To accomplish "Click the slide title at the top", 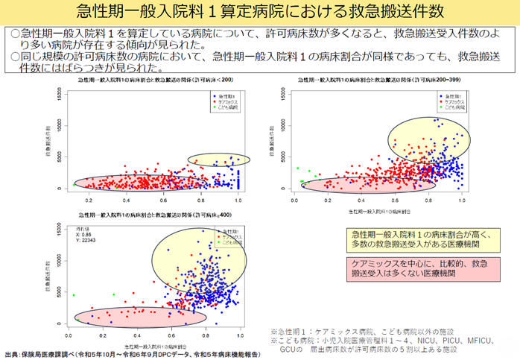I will (259, 13).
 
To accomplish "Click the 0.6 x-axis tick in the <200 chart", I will (164, 200).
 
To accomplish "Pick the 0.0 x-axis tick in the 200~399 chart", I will (296, 200).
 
